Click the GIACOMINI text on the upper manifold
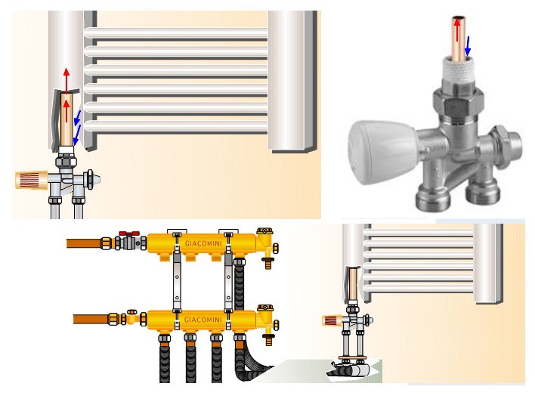(x=203, y=243)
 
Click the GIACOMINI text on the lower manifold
(x=203, y=320)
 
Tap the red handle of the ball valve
(x=129, y=234)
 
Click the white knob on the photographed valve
(x=381, y=152)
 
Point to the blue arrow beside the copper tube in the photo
(x=468, y=46)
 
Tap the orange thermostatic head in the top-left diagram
(x=32, y=180)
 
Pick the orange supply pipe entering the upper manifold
(x=84, y=243)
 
